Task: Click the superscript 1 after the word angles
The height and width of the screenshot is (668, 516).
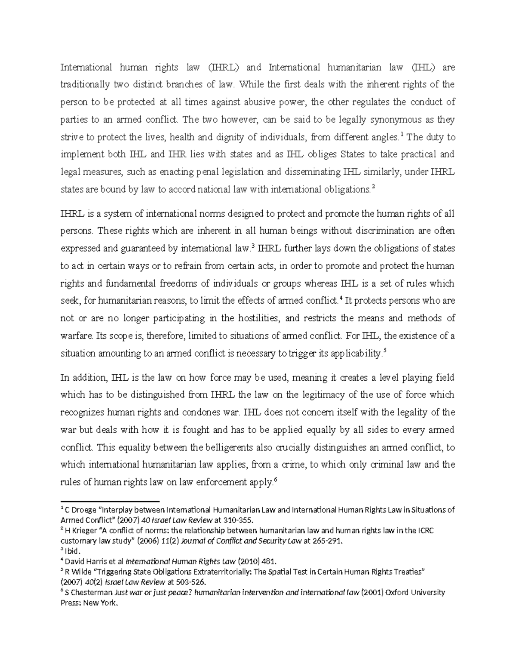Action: tap(402, 135)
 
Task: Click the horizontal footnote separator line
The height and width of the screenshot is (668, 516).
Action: tap(110, 502)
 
